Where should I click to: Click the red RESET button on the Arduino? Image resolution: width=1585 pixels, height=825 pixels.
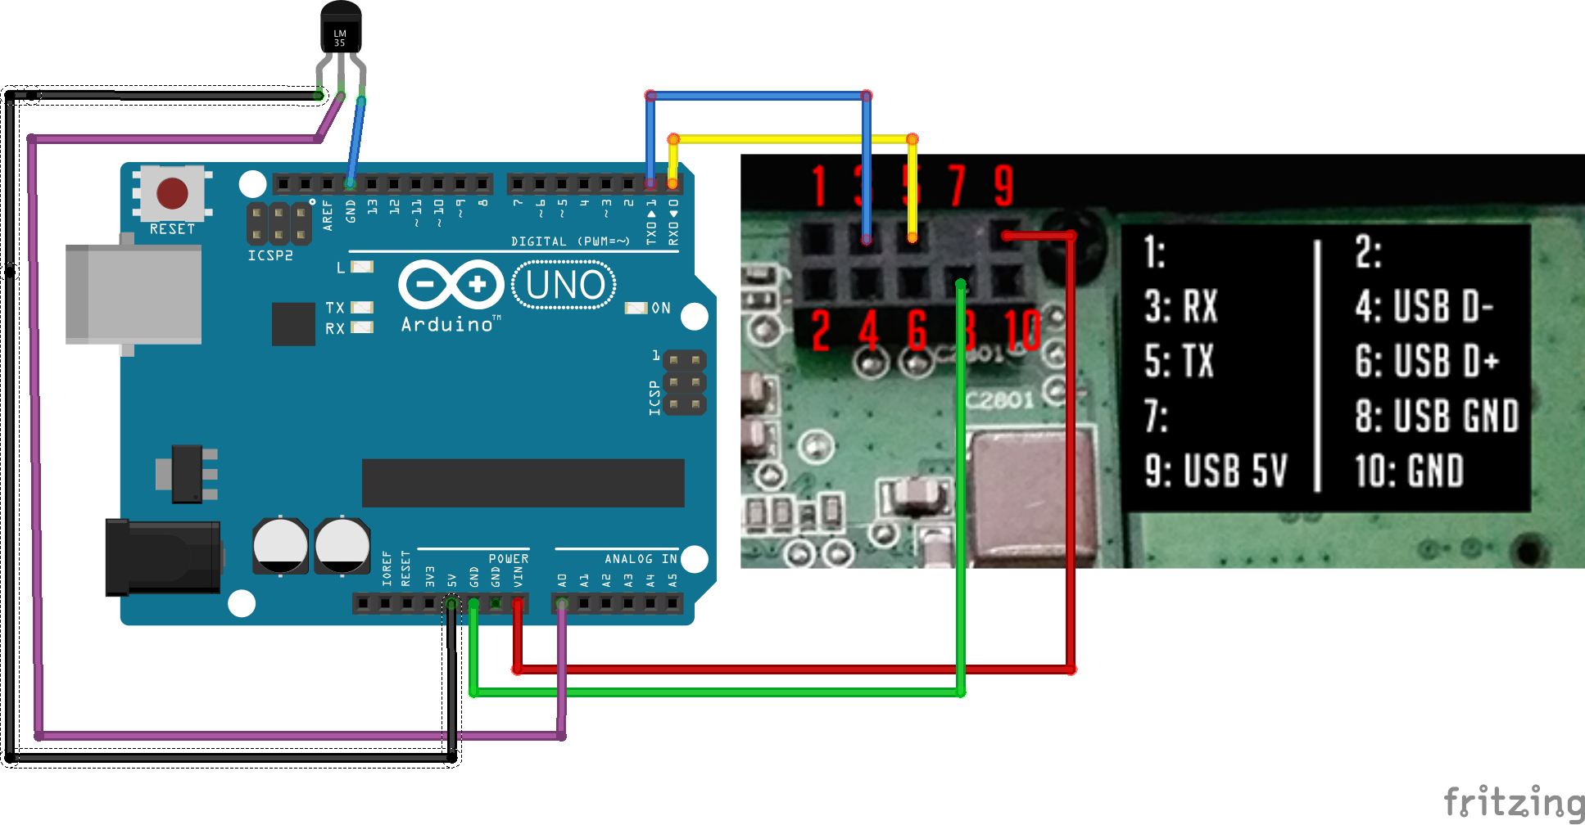(x=172, y=193)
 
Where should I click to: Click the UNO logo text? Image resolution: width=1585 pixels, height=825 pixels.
(x=564, y=285)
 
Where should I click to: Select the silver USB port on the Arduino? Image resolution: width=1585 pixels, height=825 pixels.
(x=133, y=295)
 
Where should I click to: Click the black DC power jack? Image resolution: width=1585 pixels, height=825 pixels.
(x=162, y=557)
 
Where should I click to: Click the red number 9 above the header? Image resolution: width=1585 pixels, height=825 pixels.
(x=1003, y=186)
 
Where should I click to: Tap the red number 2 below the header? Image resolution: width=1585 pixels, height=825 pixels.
(x=820, y=330)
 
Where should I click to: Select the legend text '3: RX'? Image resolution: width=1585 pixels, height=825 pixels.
(x=1181, y=307)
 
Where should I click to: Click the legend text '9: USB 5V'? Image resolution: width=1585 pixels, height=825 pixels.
(x=1216, y=471)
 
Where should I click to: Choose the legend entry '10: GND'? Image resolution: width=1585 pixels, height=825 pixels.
(x=1409, y=471)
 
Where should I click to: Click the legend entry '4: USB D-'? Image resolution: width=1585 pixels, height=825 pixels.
(x=1424, y=307)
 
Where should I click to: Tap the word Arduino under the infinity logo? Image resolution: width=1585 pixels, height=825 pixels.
(x=447, y=325)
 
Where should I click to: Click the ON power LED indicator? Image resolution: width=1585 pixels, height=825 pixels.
(x=636, y=308)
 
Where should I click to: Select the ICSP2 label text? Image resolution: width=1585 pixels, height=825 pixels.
(x=270, y=255)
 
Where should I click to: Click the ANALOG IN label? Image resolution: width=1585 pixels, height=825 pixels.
(x=641, y=559)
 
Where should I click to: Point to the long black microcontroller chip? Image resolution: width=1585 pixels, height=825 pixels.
(x=523, y=483)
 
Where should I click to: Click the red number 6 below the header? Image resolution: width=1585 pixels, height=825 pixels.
(x=917, y=330)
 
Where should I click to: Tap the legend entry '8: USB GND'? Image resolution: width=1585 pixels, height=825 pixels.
(x=1437, y=416)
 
